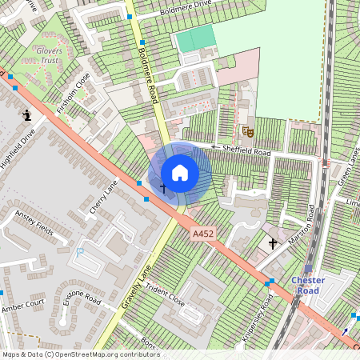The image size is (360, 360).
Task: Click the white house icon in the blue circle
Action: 180,173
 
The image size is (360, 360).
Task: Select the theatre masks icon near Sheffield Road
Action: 247,131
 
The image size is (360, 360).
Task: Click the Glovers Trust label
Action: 49,54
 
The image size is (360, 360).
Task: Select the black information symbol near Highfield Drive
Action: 27,115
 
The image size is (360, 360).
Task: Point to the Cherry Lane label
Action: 104,196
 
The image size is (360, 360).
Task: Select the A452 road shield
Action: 203,233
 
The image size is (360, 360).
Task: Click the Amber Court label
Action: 22,306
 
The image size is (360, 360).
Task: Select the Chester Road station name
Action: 308,285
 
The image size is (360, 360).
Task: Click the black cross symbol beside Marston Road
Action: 272,242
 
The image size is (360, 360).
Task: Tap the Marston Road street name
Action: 303,227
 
